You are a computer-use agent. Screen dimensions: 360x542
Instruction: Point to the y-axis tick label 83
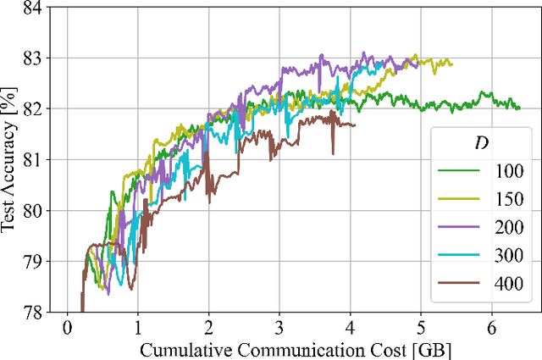[x=36, y=58]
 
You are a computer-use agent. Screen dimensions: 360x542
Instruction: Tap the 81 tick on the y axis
[x=36, y=159]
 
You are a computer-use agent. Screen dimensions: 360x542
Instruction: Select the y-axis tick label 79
[x=36, y=261]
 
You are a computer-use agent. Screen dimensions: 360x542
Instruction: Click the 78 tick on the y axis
[x=36, y=312]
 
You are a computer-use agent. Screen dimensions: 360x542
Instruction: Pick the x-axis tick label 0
[x=67, y=328]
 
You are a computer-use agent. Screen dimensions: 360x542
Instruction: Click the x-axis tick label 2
[x=208, y=328]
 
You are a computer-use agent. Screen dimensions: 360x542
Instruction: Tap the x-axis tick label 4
[x=350, y=328]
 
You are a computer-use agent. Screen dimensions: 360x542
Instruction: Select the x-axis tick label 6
[x=491, y=328]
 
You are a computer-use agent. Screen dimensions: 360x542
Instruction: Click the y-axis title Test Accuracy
[x=10, y=160]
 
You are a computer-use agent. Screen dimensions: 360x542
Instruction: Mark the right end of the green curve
[x=519, y=108]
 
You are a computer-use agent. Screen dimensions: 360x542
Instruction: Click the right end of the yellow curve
[x=452, y=64]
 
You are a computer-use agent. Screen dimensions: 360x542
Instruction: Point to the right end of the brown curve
[x=356, y=125]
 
